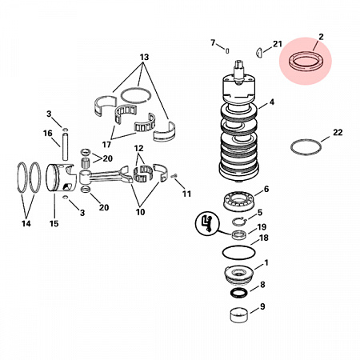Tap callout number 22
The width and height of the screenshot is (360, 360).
(x=338, y=132)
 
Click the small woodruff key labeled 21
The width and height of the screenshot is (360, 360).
(x=259, y=52)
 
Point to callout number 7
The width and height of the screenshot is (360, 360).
(x=213, y=42)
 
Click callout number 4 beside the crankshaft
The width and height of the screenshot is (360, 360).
(x=271, y=102)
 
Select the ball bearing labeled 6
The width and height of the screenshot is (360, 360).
(x=226, y=201)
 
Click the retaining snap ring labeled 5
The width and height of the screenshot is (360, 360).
(x=232, y=222)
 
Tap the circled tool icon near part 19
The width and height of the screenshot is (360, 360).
(x=207, y=223)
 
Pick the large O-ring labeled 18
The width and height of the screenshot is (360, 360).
(x=223, y=252)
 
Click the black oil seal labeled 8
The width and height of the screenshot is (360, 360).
(x=232, y=292)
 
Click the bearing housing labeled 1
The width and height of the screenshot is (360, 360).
(x=238, y=275)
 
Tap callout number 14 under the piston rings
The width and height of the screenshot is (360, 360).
(x=26, y=223)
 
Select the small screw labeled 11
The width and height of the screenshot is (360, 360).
(x=174, y=175)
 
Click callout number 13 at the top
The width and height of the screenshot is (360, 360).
(x=144, y=57)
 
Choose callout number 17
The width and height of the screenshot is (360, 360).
(x=106, y=145)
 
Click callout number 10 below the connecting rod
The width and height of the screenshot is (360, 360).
(x=140, y=212)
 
